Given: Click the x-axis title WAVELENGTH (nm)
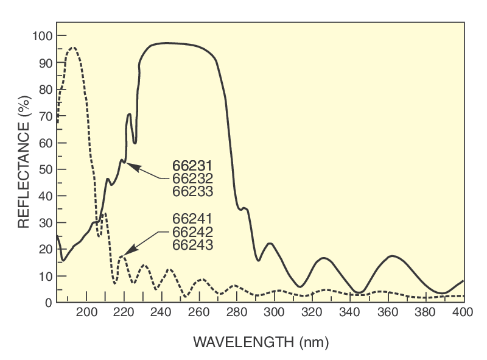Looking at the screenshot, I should point(261,342).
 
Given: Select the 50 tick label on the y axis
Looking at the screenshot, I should point(44,169).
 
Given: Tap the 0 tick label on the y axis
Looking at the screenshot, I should point(47,303).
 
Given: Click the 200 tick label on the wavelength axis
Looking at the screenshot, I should point(87,313).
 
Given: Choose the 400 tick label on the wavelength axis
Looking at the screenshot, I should point(463,313).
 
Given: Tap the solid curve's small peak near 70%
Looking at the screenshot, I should point(129,115).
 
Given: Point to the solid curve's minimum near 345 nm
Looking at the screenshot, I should point(360,292).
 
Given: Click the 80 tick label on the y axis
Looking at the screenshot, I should point(44,90).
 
